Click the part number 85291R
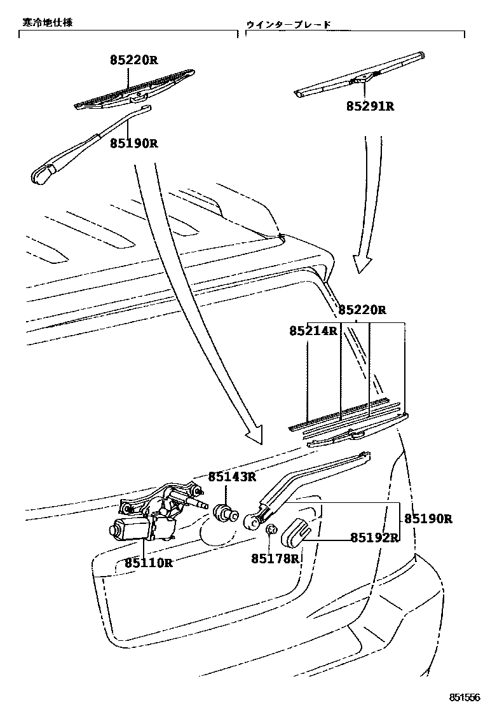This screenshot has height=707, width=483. (370, 106)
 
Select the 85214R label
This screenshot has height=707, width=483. (313, 331)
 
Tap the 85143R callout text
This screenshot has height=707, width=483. (232, 476)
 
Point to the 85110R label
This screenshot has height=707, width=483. (149, 563)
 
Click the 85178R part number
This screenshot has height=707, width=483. (275, 558)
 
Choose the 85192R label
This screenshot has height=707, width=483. (374, 537)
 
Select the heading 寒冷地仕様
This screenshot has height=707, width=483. (48, 22)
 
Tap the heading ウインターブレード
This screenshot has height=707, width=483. (289, 25)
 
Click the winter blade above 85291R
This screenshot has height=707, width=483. (361, 76)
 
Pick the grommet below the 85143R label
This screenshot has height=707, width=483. (225, 512)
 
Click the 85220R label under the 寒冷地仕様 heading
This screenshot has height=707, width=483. (133, 60)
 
